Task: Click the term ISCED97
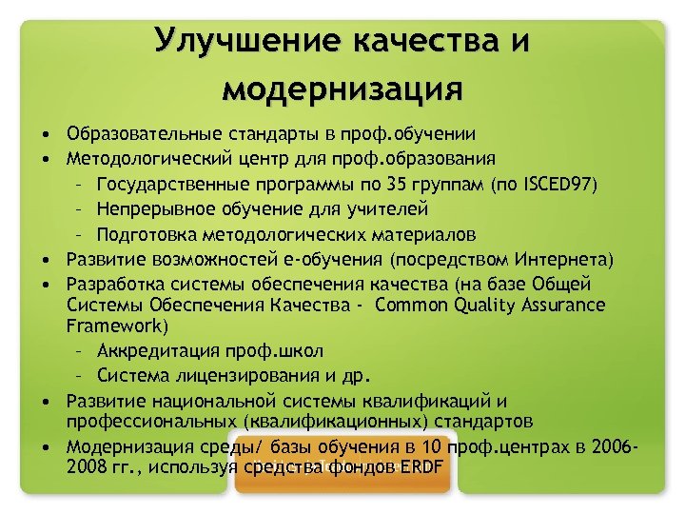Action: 560,183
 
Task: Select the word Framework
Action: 117,325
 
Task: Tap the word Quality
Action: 464,305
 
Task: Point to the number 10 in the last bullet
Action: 434,446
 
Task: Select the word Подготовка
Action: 144,233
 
